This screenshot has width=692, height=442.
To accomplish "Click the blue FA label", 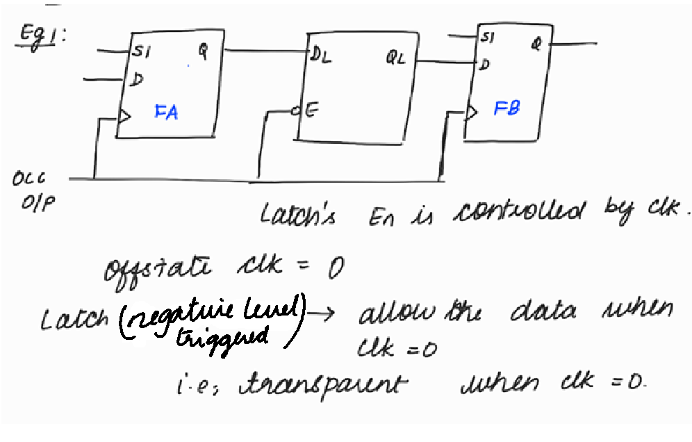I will point(166,112).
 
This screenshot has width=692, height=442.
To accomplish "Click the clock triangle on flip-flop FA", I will point(124,117).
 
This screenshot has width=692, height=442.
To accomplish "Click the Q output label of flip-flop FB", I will point(536,44).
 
